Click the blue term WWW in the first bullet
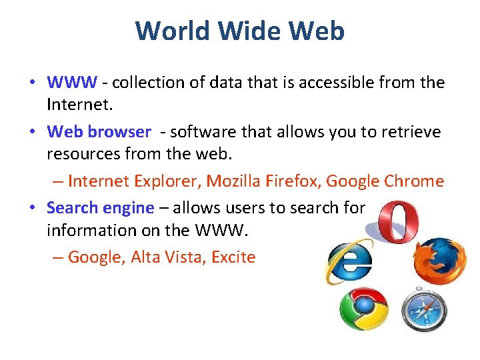pyautogui.click(x=72, y=83)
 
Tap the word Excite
pyautogui.click(x=233, y=257)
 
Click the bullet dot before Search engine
pyautogui.click(x=32, y=207)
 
